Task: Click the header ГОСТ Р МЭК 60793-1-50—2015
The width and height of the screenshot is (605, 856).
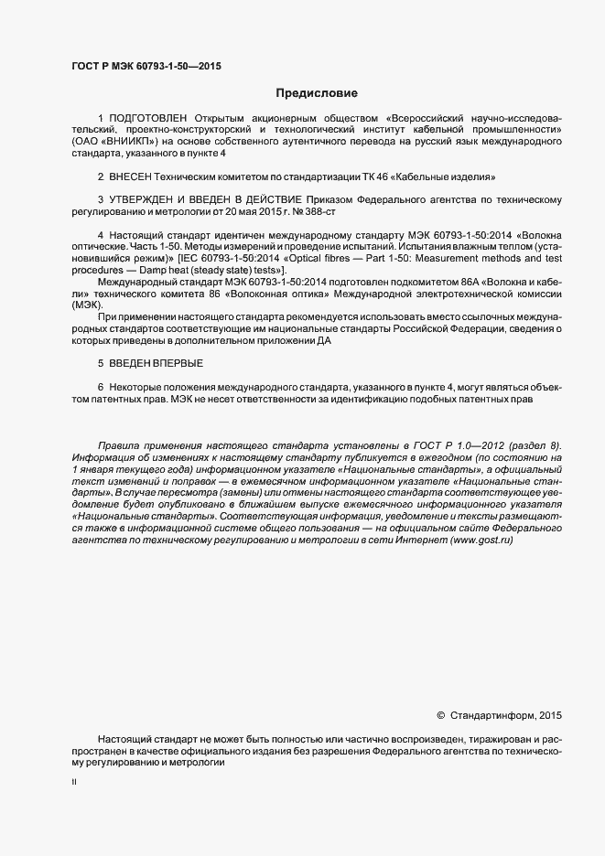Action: click(146, 66)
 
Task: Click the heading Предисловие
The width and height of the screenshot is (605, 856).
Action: click(310, 93)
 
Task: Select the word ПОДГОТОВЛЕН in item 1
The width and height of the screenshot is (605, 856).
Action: click(148, 118)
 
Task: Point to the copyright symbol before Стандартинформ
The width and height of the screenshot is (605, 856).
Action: click(440, 715)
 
